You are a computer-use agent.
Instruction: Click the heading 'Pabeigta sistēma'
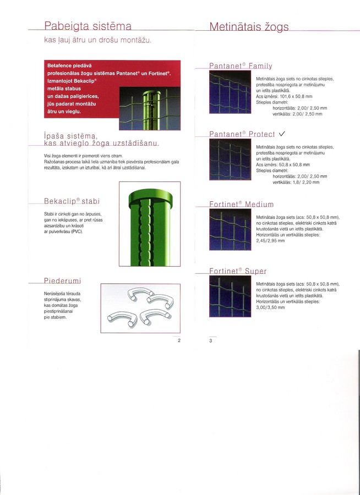[x=88, y=26]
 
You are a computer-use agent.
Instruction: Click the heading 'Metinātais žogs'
[x=249, y=26]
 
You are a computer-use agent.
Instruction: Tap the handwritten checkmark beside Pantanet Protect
[x=282, y=134]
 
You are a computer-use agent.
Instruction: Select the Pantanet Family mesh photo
[x=230, y=92]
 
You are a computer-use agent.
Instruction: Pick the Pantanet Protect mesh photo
[x=230, y=159]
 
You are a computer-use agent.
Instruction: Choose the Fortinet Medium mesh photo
[x=230, y=229]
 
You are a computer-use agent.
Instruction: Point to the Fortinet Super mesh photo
[x=230, y=296]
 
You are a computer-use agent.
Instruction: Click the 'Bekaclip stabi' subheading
[x=72, y=201]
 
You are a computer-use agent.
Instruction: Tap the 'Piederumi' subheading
[x=63, y=280]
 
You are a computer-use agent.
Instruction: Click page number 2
[x=179, y=340]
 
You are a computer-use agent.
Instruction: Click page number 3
[x=211, y=341]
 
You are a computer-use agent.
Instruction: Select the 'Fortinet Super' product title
[x=238, y=271]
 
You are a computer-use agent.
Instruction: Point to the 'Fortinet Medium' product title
[x=242, y=204]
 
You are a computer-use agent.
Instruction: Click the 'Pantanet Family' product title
[x=241, y=66]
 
